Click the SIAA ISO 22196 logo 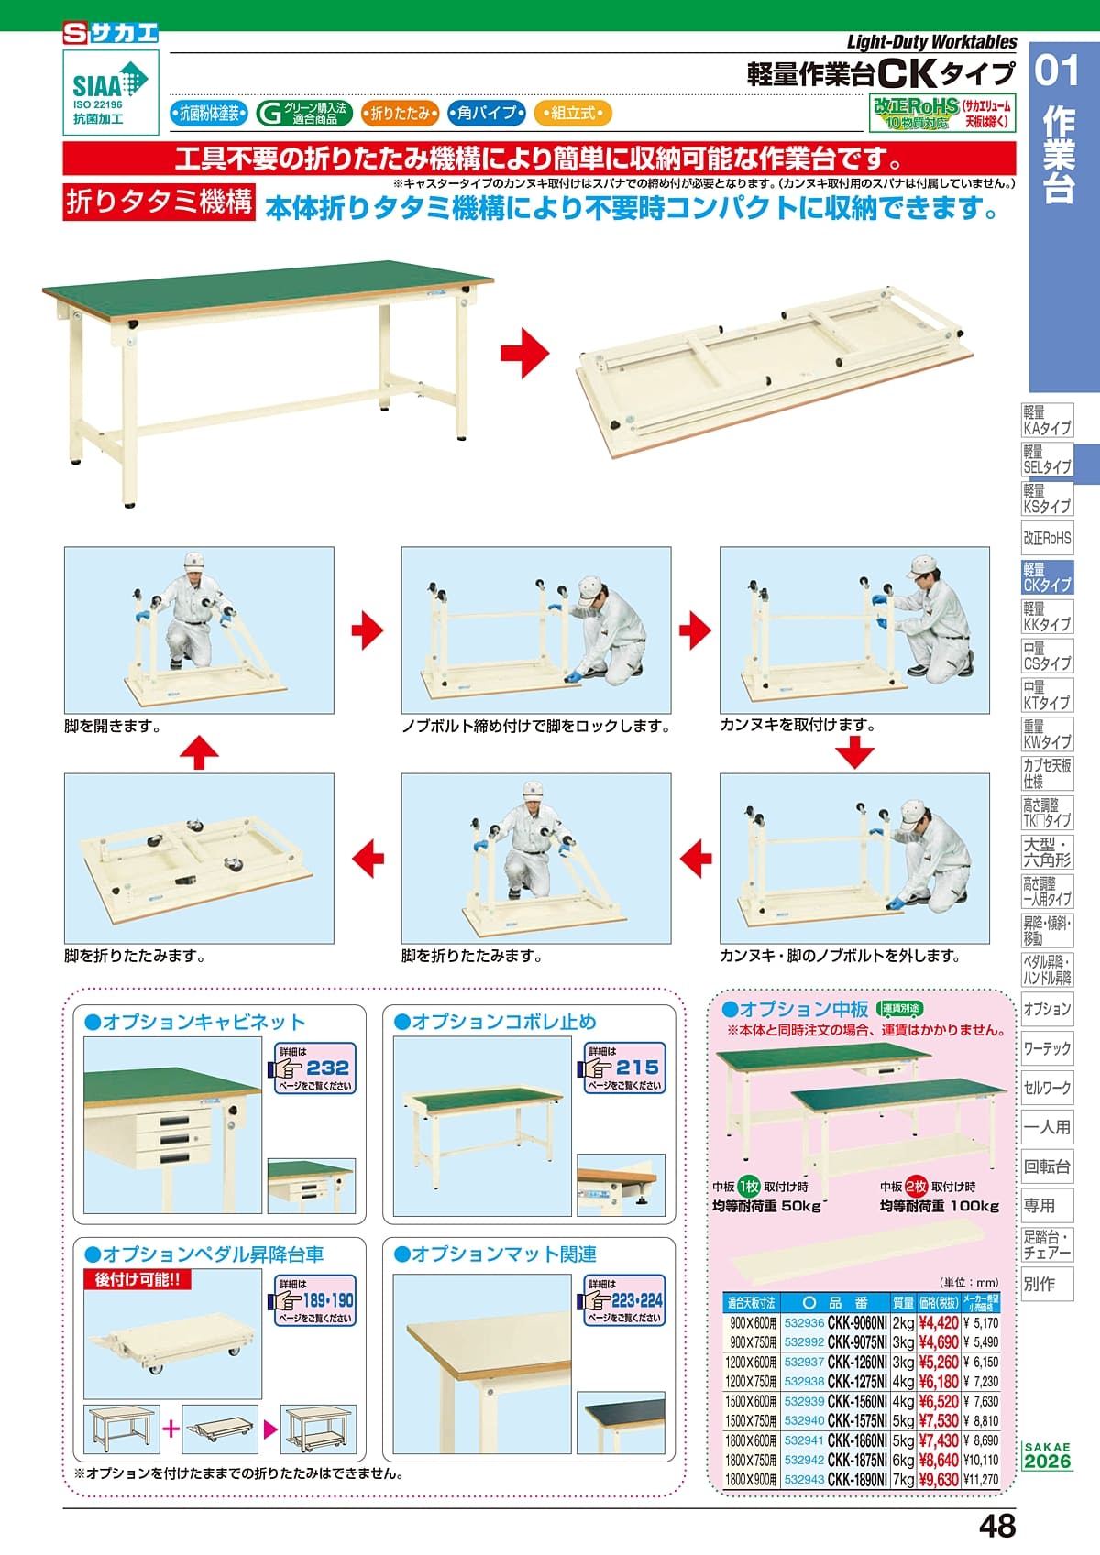111,93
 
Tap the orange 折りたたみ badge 400,113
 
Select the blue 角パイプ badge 486,113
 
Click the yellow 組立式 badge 573,113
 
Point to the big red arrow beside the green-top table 525,353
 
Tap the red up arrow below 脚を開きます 199,752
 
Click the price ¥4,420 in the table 938,1322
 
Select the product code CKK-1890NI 857,1479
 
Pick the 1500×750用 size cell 750,1420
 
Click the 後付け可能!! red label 137,1278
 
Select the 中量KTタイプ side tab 1047,695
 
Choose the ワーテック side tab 1047,1048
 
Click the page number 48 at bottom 997,1526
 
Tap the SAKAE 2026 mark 1047,1456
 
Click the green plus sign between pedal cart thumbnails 170,1429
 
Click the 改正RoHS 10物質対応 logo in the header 941,113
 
